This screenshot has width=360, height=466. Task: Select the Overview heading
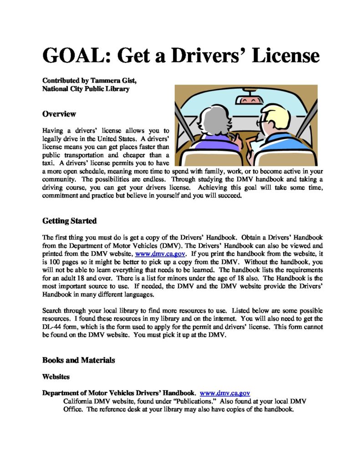point(59,114)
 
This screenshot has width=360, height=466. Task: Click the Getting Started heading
point(69,221)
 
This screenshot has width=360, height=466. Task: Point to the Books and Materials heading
point(78,360)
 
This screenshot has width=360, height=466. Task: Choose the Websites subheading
point(56,377)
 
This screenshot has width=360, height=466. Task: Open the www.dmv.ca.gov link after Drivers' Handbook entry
point(225,393)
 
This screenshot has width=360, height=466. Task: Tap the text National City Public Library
point(86,89)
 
